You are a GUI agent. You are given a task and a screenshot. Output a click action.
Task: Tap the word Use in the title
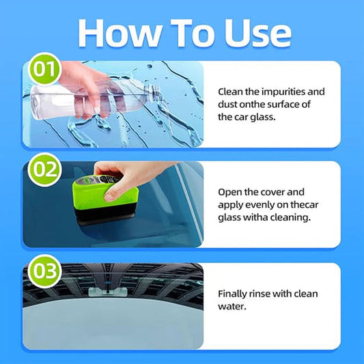(253, 32)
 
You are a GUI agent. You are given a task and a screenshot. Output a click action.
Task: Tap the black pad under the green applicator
(102, 217)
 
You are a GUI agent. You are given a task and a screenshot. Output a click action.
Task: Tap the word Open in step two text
(232, 192)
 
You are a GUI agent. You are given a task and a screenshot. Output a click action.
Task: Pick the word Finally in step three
(234, 293)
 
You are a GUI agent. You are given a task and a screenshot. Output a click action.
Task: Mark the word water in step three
(232, 306)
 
